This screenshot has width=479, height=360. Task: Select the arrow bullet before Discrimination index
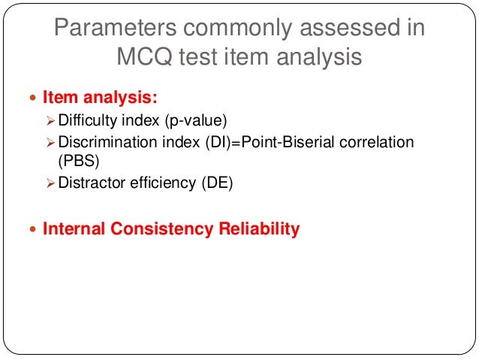click(x=50, y=142)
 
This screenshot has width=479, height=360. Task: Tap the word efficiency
click(x=161, y=183)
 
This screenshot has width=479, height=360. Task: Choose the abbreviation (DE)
click(x=216, y=183)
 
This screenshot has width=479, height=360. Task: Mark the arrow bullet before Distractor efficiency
click(x=50, y=183)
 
